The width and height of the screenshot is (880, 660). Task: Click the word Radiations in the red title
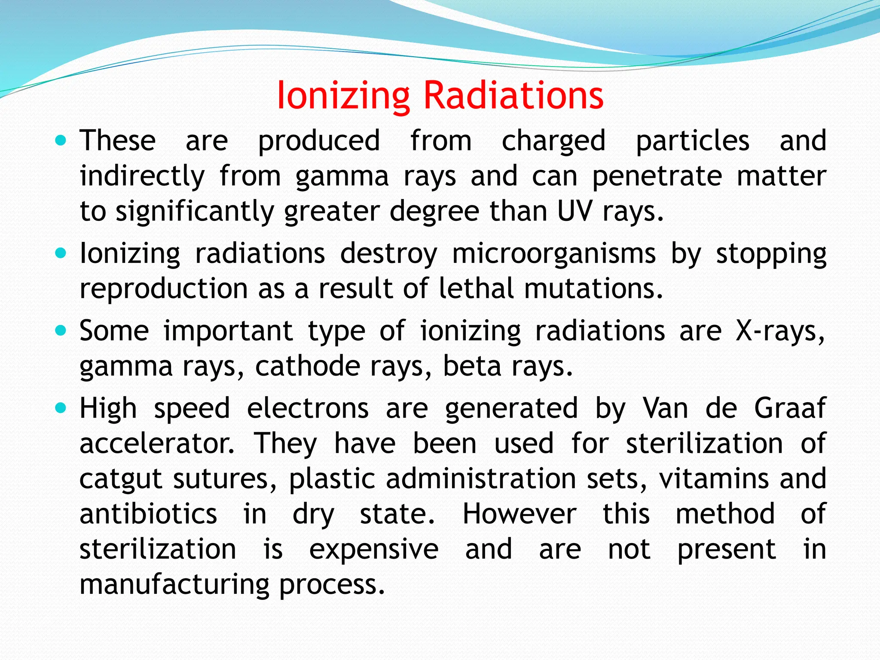[513, 95]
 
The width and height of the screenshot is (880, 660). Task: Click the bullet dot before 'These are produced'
[61, 140]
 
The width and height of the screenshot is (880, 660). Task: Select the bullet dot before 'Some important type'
[61, 331]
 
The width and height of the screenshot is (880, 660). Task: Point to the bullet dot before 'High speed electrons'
[61, 408]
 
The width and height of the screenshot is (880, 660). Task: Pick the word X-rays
[780, 332]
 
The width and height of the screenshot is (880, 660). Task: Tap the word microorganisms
[554, 254]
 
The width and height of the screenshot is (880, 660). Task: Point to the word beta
[472, 367]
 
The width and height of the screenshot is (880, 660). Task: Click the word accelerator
[157, 443]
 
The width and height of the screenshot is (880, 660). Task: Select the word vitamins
[714, 479]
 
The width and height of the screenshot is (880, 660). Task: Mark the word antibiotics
[149, 514]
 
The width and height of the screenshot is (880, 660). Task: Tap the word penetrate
[657, 177]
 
